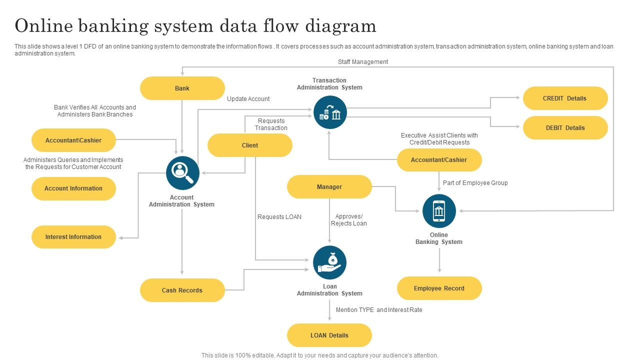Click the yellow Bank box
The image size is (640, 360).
pos(182,88)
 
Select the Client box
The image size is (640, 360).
pos(249,145)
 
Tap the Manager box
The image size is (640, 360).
pos(329,187)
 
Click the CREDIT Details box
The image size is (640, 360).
pos(565,98)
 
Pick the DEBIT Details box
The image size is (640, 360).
pos(565,128)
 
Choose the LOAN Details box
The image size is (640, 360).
pos(329,335)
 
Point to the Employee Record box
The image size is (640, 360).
pos(439,288)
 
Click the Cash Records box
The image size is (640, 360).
pos(182,290)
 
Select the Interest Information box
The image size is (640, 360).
pos(73,237)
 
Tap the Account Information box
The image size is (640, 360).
pos(73,188)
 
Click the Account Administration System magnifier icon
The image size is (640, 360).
pos(182,173)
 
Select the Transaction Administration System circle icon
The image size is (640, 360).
pos(330,112)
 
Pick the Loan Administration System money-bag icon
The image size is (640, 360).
pos(329,262)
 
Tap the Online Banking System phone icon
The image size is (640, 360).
pos(439,211)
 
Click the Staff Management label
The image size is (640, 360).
pos(363,62)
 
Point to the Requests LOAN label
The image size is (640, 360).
pos(279,217)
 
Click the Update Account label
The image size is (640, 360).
pos(248,99)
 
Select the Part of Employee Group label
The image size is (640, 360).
pos(475,183)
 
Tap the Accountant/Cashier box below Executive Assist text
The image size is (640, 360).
pos(439,160)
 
